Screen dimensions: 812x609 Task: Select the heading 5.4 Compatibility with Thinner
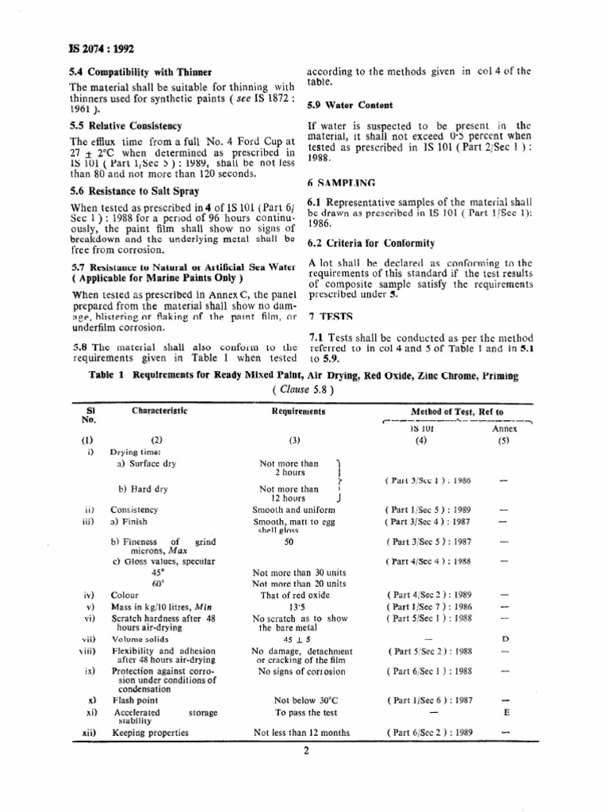(140, 72)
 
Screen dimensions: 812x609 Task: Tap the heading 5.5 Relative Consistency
(125, 125)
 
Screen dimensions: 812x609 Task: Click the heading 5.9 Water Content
(350, 105)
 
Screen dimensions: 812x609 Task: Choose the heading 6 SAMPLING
(342, 183)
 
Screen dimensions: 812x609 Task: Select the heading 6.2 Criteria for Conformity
(366, 242)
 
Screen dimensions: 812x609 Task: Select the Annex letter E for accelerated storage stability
(504, 712)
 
